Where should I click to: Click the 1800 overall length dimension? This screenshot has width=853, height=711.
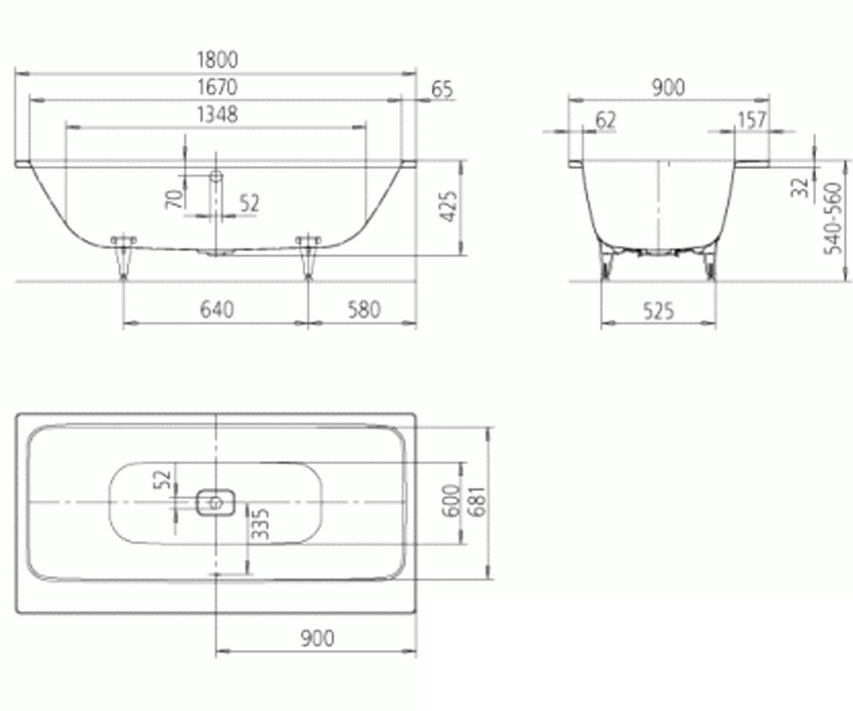218,60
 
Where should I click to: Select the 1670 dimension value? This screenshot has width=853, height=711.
218,87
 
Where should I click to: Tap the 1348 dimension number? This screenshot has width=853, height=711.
218,114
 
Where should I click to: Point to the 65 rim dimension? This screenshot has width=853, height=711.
442,90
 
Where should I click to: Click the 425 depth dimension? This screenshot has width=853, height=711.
449,206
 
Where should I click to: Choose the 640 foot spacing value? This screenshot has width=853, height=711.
217,309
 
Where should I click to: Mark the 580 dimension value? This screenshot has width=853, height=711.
364,309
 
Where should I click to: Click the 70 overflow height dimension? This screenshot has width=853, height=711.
174,199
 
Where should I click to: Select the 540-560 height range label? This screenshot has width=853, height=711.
833,218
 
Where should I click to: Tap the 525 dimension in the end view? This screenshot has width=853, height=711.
658,311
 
